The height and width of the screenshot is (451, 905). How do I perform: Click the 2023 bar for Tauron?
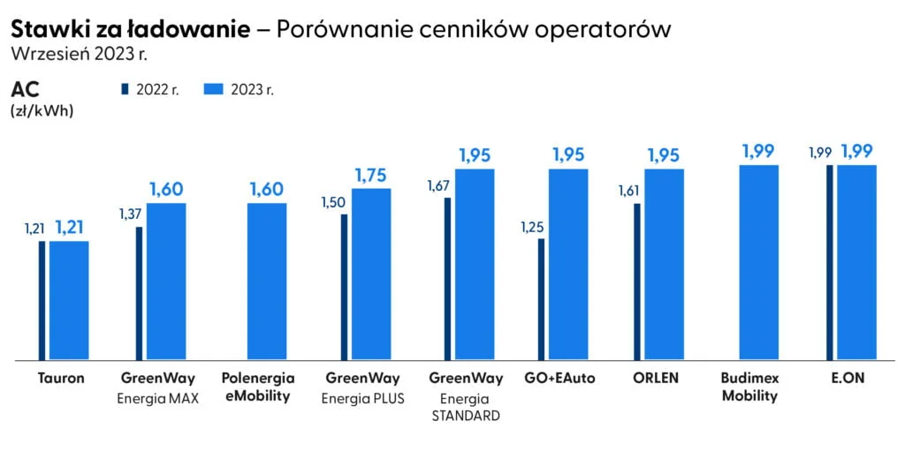click(69, 300)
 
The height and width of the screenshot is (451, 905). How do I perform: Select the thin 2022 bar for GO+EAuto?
click(541, 299)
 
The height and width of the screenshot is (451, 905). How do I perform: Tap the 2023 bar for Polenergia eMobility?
click(267, 282)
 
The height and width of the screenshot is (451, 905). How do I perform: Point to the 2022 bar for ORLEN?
click(636, 282)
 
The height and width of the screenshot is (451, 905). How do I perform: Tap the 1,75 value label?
click(370, 175)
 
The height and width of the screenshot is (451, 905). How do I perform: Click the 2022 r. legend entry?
click(150, 89)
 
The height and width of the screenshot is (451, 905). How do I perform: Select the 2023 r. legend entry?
click(239, 89)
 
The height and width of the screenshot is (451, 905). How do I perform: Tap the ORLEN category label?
click(656, 379)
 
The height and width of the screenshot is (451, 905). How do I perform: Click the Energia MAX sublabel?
click(158, 398)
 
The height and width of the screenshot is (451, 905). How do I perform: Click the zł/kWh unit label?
click(42, 111)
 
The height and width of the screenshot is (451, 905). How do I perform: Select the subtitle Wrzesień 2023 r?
click(78, 53)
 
